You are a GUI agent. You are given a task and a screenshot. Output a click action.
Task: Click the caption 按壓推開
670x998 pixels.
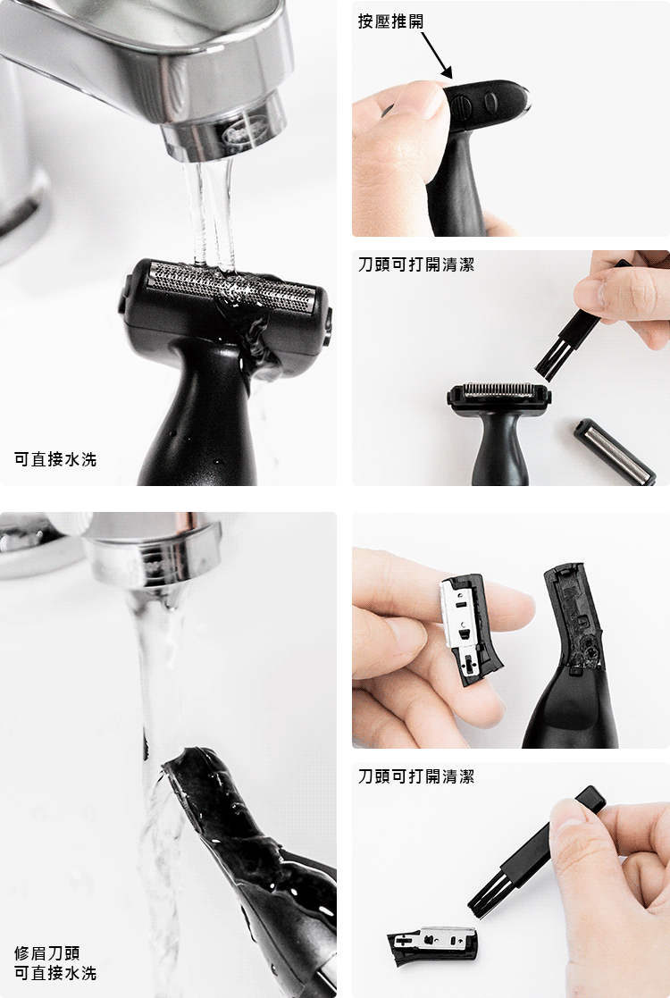click(390, 21)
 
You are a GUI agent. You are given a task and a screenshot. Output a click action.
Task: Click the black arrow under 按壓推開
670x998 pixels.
click(437, 55)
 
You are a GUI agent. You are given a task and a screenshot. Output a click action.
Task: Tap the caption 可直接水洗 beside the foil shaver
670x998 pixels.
click(55, 459)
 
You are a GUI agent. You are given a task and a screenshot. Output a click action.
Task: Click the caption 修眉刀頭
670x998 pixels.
click(47, 952)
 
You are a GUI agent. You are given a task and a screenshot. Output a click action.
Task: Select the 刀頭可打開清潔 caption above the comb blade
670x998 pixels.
click(416, 264)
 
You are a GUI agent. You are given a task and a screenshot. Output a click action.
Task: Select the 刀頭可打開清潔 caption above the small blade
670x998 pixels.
click(416, 776)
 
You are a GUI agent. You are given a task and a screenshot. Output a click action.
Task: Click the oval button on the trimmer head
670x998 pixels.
click(490, 102)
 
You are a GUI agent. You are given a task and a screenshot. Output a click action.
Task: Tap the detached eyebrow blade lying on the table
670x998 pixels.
click(431, 945)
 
